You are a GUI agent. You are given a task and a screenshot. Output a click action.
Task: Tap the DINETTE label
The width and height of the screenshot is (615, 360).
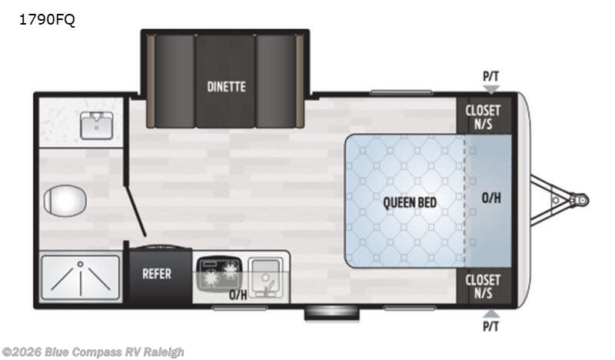click(x=226, y=86)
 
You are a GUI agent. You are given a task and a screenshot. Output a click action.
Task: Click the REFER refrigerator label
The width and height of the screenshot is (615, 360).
click(x=157, y=274)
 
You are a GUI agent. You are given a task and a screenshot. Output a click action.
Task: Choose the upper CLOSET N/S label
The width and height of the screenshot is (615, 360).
click(x=483, y=116)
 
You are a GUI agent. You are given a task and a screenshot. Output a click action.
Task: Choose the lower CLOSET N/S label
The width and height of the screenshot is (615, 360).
click(x=483, y=286)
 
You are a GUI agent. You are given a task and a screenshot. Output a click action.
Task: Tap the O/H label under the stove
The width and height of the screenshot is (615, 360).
click(x=238, y=295)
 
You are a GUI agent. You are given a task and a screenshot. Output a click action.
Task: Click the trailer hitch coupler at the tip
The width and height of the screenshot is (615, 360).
click(x=580, y=200)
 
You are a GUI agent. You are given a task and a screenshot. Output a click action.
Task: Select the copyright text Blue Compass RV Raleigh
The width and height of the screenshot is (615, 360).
click(x=93, y=352)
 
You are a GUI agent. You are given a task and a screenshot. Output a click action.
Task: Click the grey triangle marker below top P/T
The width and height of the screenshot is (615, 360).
click(x=490, y=89)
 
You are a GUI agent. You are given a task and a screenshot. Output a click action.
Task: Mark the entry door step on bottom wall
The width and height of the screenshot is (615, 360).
click(x=331, y=312)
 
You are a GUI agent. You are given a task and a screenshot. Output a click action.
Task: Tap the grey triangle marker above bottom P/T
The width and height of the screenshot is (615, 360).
click(x=490, y=314)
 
